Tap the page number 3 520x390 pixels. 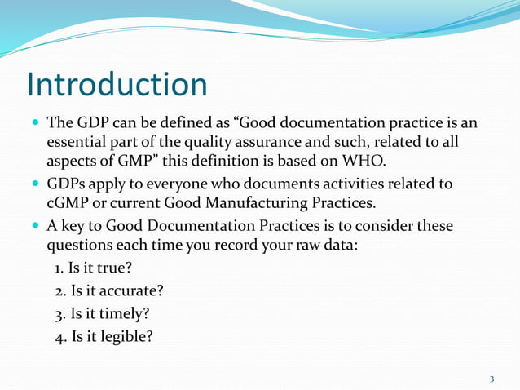pos(492,379)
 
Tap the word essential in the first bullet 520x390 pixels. pos(79,143)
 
